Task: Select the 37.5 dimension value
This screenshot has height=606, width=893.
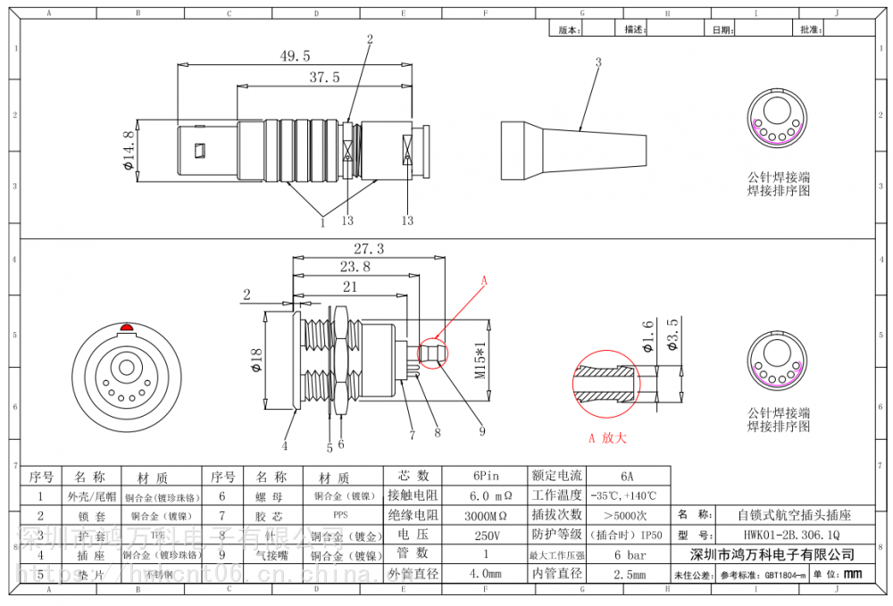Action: point(324,78)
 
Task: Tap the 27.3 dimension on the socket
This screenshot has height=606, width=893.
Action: point(368,248)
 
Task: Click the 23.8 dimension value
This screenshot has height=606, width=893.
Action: point(354,266)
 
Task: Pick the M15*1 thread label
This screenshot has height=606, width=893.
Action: point(479,361)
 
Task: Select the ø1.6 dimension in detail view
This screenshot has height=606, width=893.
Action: point(648,336)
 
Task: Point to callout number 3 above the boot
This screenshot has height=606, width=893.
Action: point(598,62)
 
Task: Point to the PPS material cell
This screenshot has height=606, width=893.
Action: point(340,515)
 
